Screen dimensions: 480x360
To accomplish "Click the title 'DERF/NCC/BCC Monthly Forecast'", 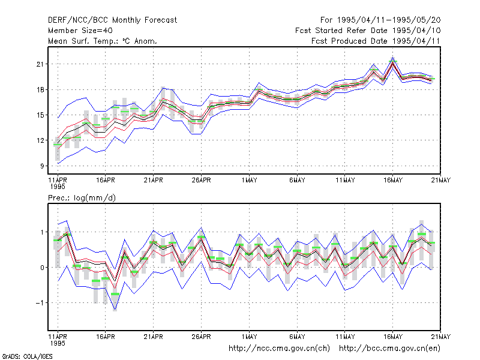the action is pos(112,20).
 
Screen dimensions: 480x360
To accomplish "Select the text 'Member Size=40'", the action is pos(80,31).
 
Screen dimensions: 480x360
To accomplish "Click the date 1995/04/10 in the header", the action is pos(416,31).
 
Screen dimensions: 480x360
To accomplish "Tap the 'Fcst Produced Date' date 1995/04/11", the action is pos(416,41).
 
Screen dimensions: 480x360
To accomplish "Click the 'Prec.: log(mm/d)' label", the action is pos(82,198).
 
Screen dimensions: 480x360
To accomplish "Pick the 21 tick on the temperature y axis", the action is pos(40,64).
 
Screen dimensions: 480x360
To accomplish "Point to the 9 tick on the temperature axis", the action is pos(42,166).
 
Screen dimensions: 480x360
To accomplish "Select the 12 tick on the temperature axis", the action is pos(40,140).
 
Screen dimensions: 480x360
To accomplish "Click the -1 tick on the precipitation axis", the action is pos(40,303).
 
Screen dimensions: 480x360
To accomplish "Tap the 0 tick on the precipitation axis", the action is pos(42,268).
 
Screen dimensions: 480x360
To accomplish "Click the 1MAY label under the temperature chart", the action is pos(249,181).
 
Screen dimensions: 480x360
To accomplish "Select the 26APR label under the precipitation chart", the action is pos(201,337).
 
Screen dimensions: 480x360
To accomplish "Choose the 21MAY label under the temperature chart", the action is pos(441,181).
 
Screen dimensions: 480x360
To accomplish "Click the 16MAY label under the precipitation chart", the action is pos(393,337).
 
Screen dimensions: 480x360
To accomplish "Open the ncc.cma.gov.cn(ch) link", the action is pos(279,349).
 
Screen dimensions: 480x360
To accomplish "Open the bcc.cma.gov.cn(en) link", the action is pos(389,349).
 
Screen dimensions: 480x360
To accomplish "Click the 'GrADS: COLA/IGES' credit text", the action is pos(27,356).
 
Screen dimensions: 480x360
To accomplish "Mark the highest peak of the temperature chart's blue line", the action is pos(393,57).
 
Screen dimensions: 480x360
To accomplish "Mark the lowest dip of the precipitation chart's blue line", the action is pos(115,310).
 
